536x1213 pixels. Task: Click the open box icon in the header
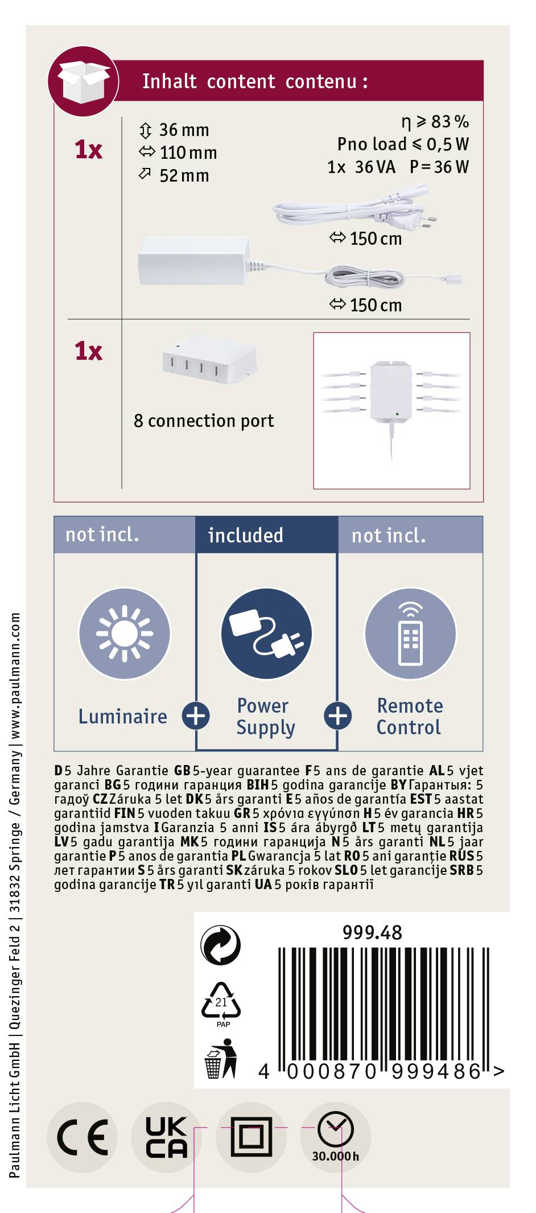click(84, 81)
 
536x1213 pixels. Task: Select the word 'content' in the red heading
click(241, 81)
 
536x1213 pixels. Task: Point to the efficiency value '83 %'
click(450, 121)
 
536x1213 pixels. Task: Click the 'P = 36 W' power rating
click(439, 167)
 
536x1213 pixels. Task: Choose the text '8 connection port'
click(204, 421)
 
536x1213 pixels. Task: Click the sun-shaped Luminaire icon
click(125, 634)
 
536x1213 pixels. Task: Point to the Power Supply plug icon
click(267, 634)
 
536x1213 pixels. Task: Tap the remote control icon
click(410, 634)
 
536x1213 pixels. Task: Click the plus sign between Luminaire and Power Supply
click(196, 716)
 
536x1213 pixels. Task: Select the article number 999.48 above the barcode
click(372, 932)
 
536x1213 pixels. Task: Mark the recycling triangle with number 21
click(221, 1004)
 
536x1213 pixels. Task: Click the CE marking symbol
click(83, 1137)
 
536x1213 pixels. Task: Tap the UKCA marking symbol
click(166, 1137)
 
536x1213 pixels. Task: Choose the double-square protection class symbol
click(251, 1137)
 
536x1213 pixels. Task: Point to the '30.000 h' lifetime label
click(335, 1156)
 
